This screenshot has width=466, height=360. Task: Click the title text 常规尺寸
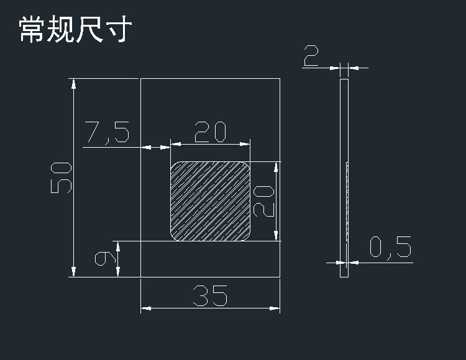click(x=74, y=29)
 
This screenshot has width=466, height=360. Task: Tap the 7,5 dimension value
click(x=107, y=132)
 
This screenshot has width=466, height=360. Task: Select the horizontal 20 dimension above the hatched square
click(x=210, y=132)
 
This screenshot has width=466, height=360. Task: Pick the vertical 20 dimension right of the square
click(x=264, y=201)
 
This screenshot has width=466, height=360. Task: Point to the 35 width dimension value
click(x=210, y=296)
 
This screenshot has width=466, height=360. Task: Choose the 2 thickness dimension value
click(x=311, y=57)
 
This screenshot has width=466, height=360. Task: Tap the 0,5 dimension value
click(x=390, y=248)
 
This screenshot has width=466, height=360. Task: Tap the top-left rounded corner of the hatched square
click(x=175, y=166)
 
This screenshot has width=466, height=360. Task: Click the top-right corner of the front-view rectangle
click(x=280, y=79)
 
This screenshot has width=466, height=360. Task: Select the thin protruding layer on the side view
click(x=347, y=201)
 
